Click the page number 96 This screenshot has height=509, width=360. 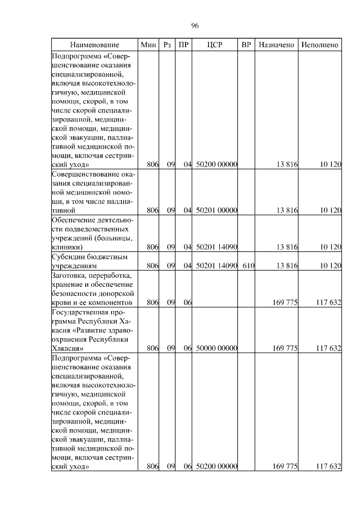click(x=195, y=25)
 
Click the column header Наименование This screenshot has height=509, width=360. click(x=94, y=44)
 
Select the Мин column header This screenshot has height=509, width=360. click(x=148, y=44)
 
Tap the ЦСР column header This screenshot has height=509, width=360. click(x=215, y=44)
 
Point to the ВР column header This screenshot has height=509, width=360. click(x=246, y=44)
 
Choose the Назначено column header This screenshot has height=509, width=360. click(x=276, y=44)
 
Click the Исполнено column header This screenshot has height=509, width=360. click(x=319, y=44)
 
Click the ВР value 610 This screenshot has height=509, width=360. click(x=248, y=265)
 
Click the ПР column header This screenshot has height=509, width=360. click(x=183, y=44)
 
